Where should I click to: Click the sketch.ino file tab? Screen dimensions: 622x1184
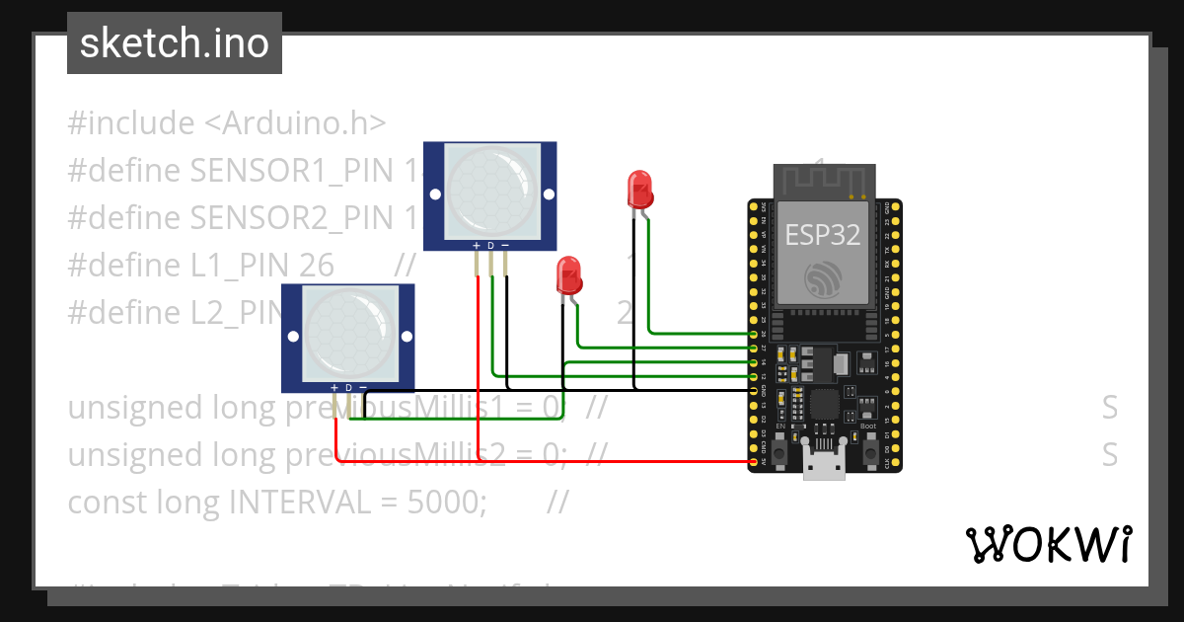174,43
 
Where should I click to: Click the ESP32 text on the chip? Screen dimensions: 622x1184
822,234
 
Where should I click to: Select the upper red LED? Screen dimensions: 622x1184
639,188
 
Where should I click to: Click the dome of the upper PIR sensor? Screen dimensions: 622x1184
491,188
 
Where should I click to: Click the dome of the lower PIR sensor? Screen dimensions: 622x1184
347,331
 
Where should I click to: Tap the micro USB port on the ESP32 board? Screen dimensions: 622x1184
824,464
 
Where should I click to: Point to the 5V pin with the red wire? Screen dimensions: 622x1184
755,461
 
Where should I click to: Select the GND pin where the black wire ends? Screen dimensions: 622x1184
755,391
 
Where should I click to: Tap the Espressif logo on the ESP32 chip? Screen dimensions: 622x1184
822,279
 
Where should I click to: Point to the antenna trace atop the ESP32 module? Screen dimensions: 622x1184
822,180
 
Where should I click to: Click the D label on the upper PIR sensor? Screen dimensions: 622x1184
490,245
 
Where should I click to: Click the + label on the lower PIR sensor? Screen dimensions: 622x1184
334,388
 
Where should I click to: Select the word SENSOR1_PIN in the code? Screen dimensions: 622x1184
293,171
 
